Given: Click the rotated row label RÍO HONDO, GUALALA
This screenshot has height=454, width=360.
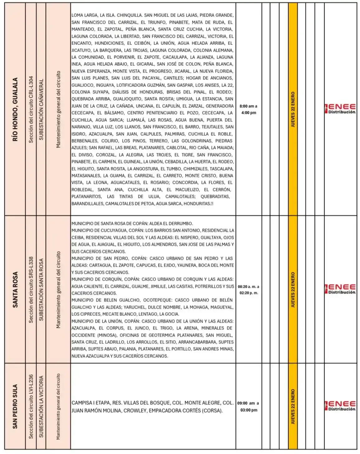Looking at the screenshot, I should point(15,109).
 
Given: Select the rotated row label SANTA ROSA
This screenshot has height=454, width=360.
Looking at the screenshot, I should point(15,290).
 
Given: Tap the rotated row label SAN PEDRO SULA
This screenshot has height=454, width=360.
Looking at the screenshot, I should point(15,406).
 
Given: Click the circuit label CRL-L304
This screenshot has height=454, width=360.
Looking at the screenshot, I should point(31,109).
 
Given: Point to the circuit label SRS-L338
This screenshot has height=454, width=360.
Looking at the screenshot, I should point(31,290).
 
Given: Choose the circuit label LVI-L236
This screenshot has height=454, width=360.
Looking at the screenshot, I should point(31,406).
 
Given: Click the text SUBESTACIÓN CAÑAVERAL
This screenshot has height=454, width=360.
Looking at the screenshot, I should point(41,109).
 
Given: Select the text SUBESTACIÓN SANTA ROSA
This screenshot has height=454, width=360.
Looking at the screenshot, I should point(41,290).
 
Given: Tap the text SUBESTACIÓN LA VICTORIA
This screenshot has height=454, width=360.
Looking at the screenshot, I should point(41,406).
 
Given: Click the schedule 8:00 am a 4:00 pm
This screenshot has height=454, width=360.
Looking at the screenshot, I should point(249,109).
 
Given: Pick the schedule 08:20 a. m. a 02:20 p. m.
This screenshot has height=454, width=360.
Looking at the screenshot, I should point(249,290).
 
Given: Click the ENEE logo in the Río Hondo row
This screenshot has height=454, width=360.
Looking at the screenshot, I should point(340,109).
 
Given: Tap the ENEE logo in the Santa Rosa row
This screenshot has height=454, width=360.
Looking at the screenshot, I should point(340,289).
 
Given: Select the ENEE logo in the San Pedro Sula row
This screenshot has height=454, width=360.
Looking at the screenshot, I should point(340,406).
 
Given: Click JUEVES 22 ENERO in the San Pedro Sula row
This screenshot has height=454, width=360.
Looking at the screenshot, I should point(293,406).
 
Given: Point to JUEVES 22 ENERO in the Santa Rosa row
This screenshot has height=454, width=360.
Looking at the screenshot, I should point(293,290).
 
